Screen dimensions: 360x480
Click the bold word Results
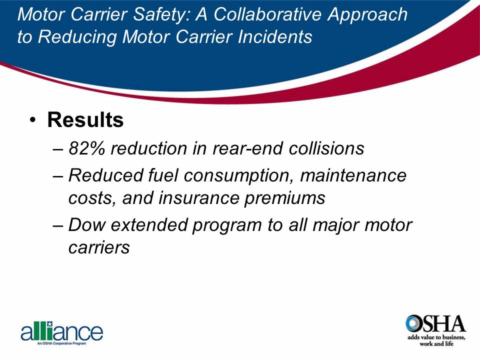click(85, 120)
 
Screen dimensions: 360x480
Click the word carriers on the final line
click(99, 247)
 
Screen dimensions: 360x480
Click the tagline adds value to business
click(436, 339)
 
